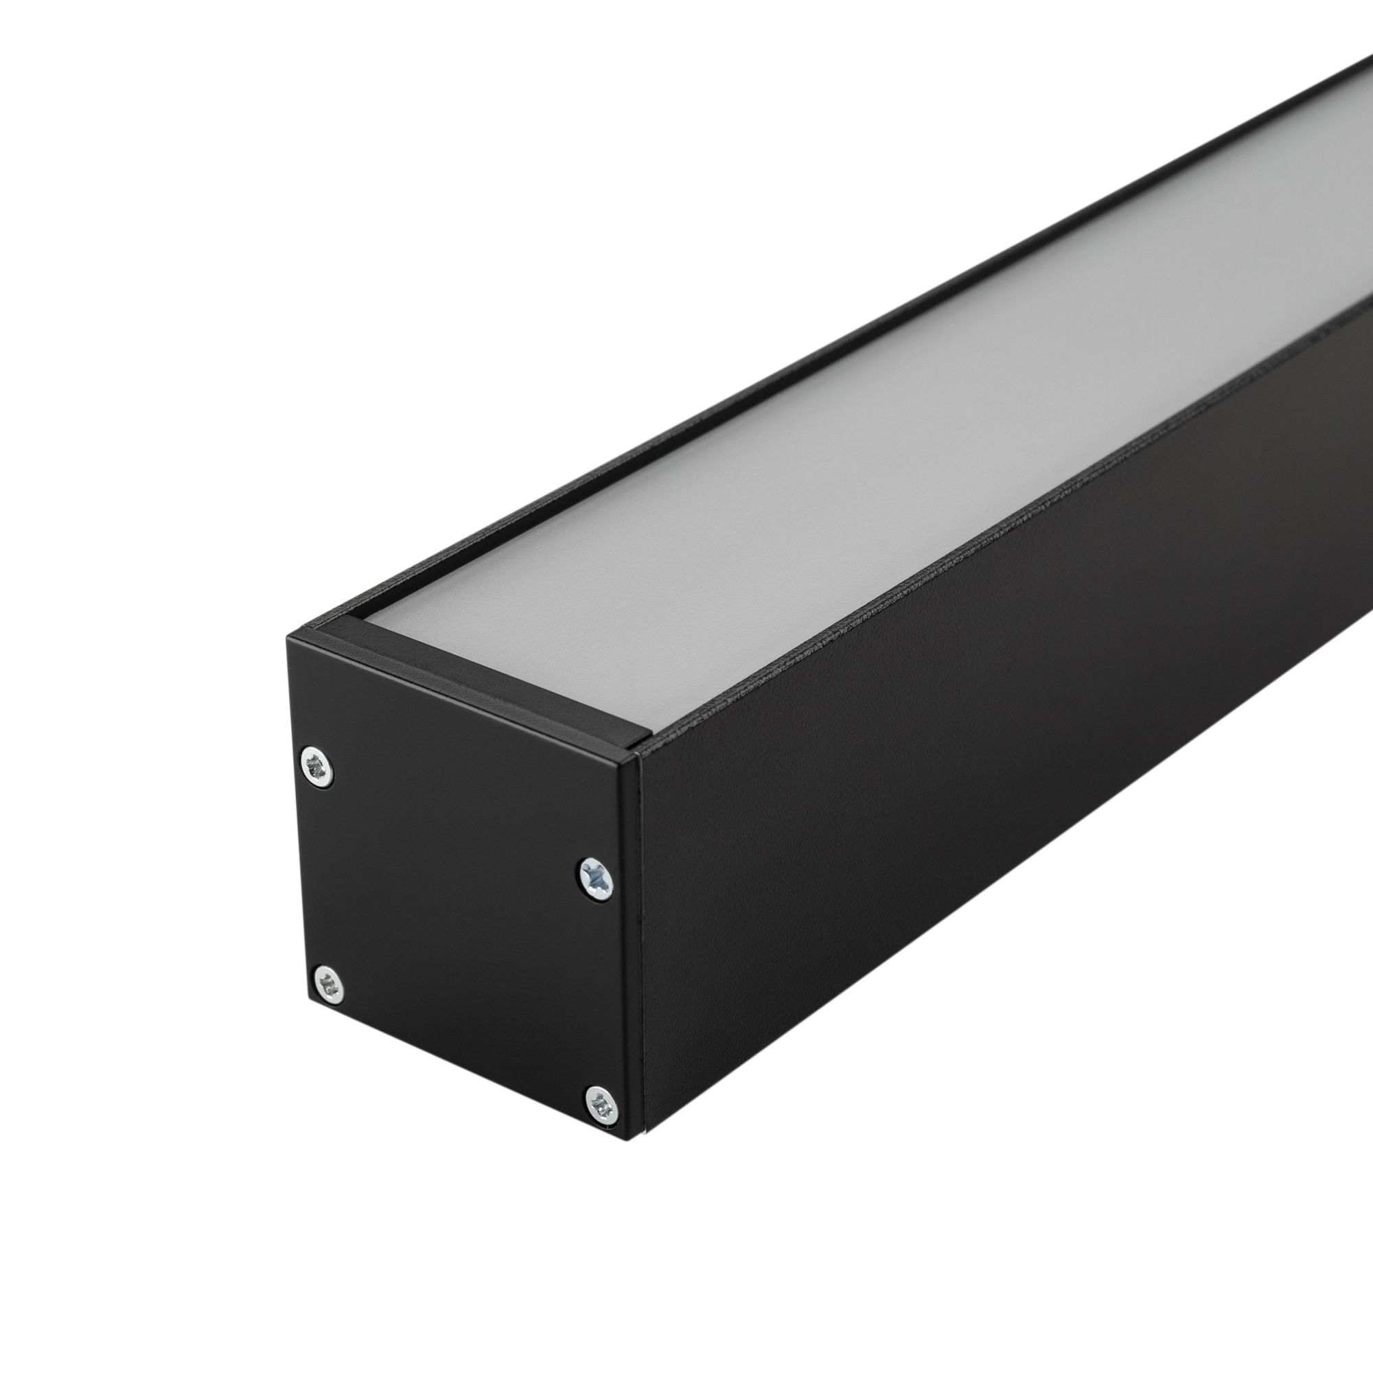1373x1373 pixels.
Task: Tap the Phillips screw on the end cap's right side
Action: point(595,881)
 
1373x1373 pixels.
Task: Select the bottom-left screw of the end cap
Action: point(328,984)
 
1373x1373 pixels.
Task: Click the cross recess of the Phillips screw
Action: point(595,881)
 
